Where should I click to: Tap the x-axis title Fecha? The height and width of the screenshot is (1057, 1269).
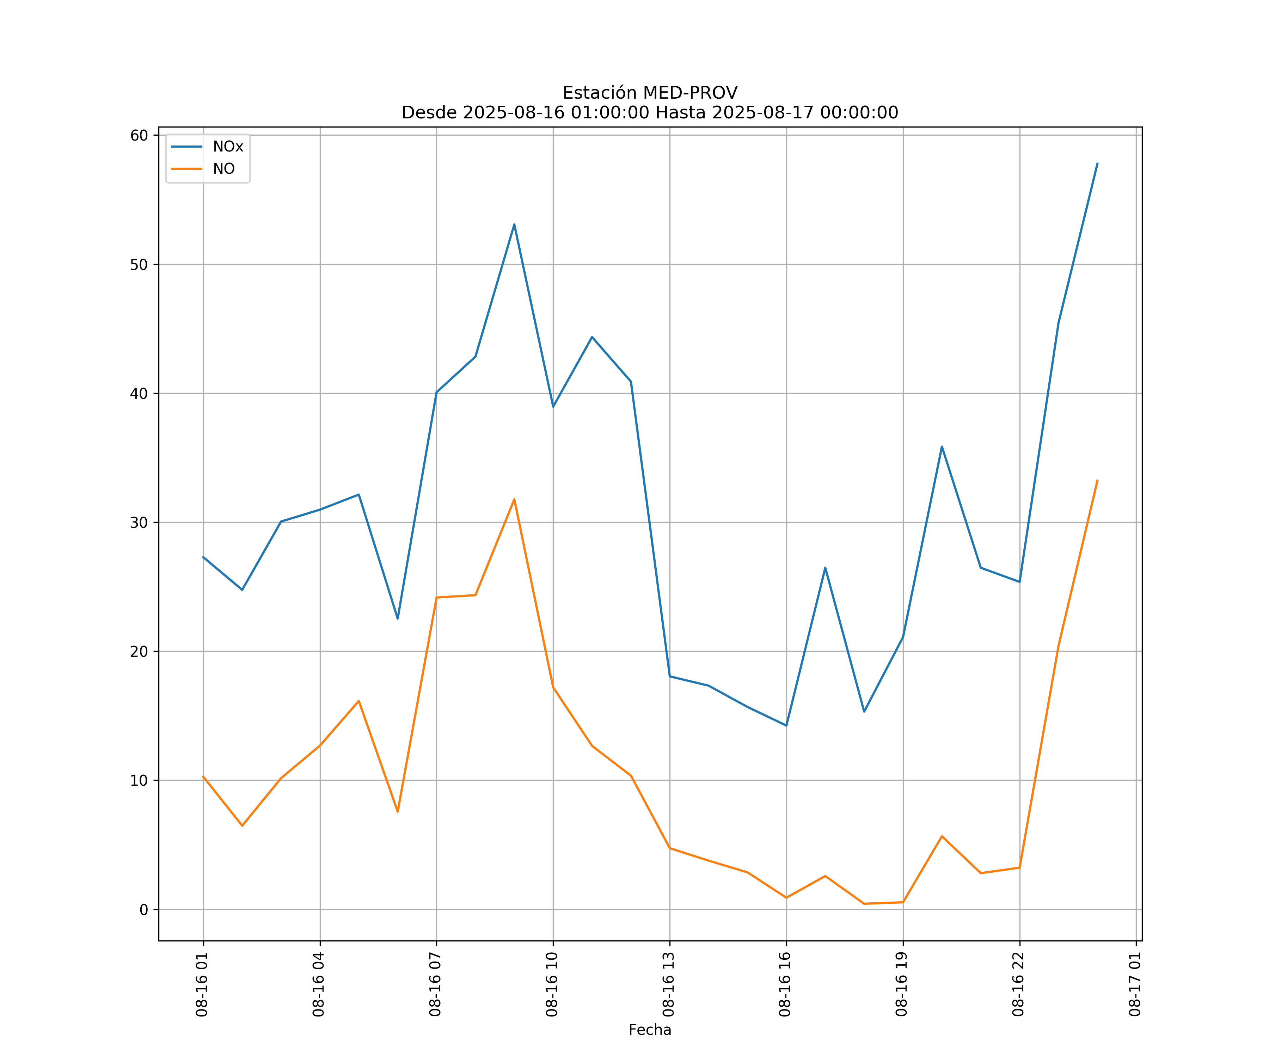click(x=650, y=1030)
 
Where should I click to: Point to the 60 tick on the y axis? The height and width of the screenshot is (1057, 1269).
click(x=139, y=135)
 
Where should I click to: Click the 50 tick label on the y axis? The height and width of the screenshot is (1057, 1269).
click(x=139, y=265)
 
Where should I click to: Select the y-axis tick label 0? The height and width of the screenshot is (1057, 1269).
click(x=144, y=910)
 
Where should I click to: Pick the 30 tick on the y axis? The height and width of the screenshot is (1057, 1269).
click(x=139, y=523)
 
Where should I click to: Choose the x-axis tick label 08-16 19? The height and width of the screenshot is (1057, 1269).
click(x=902, y=984)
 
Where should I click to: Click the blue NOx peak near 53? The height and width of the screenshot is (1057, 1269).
click(x=514, y=225)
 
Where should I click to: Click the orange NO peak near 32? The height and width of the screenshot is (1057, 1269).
click(x=514, y=500)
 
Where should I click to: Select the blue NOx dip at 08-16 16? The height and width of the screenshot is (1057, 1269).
click(x=786, y=725)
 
